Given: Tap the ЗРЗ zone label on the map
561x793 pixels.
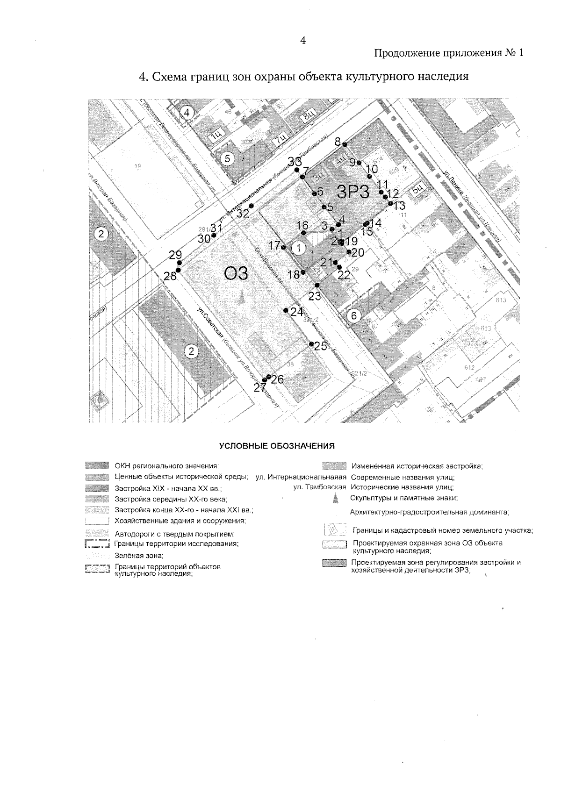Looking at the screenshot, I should click(353, 192).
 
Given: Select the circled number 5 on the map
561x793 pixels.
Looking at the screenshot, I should click(227, 158).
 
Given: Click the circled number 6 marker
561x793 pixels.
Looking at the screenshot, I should click(354, 315).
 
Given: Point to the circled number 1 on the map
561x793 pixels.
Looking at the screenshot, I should click(299, 246).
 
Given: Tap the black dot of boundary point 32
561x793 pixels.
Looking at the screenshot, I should click(251, 206).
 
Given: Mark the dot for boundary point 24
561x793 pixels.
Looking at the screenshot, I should click(286, 310).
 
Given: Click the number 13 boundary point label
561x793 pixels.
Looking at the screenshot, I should click(399, 206).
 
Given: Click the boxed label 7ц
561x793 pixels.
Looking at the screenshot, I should click(280, 139).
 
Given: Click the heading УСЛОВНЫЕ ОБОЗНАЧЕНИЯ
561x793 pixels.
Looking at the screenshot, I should click(277, 445).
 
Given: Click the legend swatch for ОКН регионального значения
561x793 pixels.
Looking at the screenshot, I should click(97, 465).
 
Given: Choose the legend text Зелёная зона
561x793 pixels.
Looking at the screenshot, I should click(139, 556).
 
